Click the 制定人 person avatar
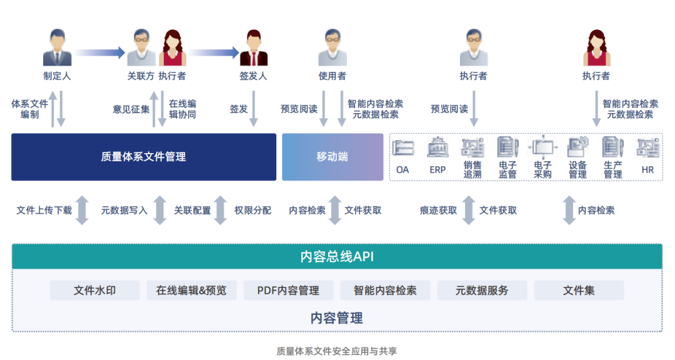click(x=57, y=48)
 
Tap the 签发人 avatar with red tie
click(x=253, y=48)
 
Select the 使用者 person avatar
click(x=332, y=48)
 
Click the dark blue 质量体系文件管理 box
click(x=143, y=157)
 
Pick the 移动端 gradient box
click(x=332, y=157)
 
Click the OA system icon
click(x=403, y=148)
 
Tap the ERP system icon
click(x=437, y=148)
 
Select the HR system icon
click(x=647, y=148)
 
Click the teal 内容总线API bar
click(x=337, y=256)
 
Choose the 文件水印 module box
click(x=94, y=291)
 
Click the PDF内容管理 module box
click(x=288, y=291)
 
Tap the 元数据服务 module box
click(x=482, y=291)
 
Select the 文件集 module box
click(x=579, y=291)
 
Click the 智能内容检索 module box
click(x=385, y=291)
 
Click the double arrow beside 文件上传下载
click(x=82, y=210)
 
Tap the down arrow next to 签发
click(x=254, y=109)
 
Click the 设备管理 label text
click(x=577, y=170)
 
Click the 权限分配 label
click(x=252, y=211)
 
